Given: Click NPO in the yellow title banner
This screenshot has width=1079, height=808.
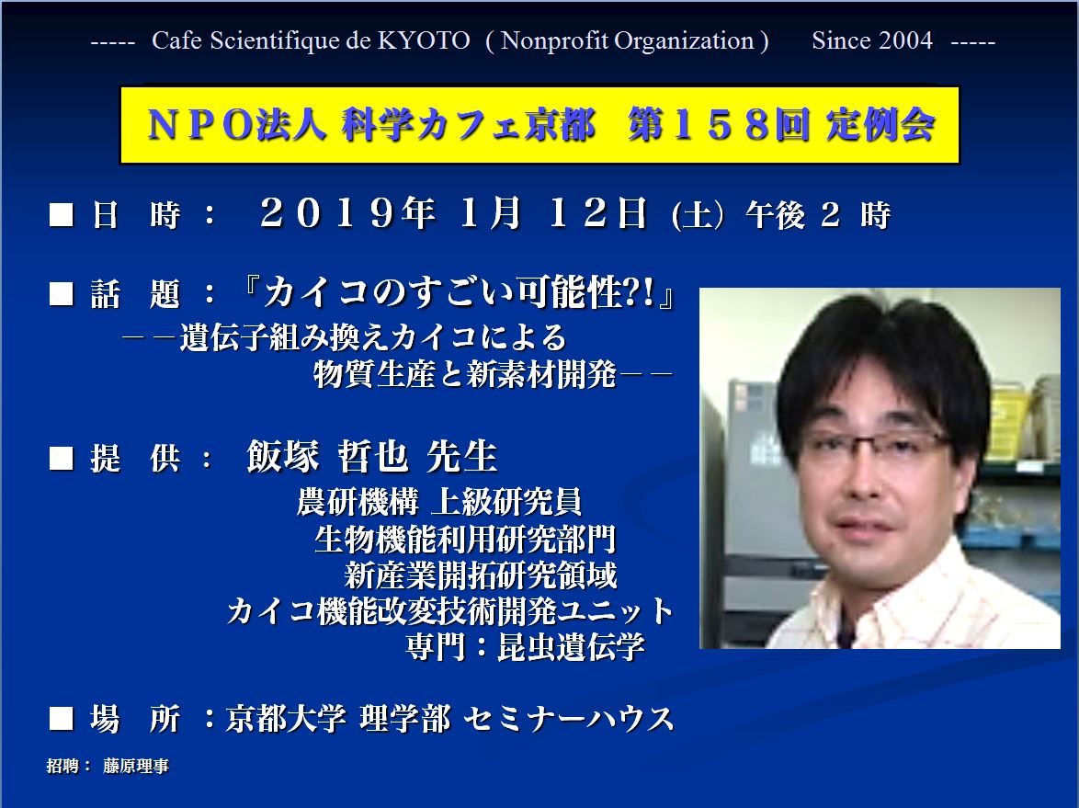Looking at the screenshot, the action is tap(200, 126).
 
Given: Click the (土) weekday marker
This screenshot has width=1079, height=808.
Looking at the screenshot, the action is tap(697, 216).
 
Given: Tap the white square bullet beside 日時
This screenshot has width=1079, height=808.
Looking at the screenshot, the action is tap(62, 214).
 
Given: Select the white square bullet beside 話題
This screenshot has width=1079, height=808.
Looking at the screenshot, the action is tap(62, 294).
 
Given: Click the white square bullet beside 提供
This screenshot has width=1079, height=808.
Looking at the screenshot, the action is tap(62, 458).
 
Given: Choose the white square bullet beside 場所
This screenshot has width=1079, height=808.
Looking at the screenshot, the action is tap(62, 719).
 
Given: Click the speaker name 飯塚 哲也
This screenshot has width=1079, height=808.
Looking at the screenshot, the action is tap(327, 456).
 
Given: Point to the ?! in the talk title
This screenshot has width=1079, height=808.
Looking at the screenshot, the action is tap(639, 293).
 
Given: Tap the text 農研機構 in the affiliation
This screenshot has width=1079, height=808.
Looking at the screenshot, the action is tap(358, 501).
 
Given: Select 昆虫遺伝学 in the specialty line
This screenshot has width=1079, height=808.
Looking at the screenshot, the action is tap(571, 647).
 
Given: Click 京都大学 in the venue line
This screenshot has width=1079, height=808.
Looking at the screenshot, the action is tap(286, 719).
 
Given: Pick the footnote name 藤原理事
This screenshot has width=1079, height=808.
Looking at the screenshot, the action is tap(135, 766).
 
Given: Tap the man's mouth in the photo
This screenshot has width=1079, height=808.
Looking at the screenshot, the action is tap(858, 527).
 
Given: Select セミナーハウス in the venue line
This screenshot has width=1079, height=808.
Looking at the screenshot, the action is tap(568, 719).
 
